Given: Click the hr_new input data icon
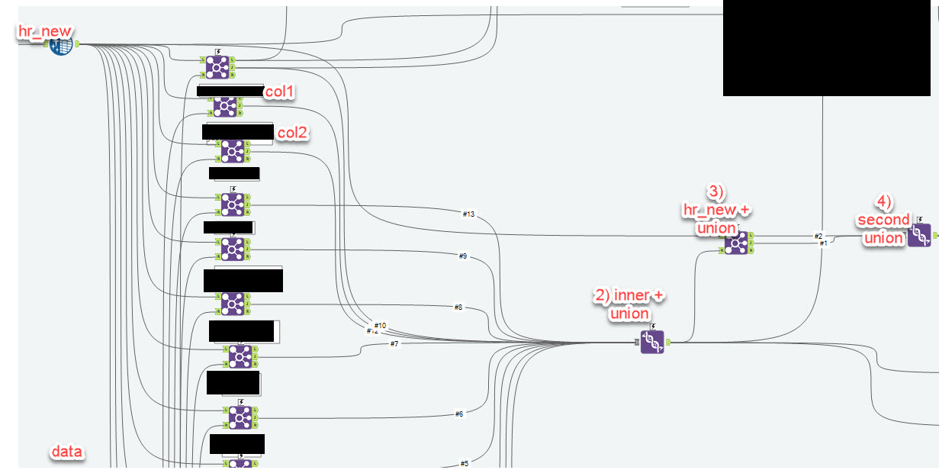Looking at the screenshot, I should (61, 45).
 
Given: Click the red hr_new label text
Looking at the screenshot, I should (46, 31).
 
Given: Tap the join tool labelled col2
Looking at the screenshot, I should (232, 151).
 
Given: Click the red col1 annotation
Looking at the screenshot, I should (280, 92).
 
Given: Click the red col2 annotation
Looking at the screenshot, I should (292, 133).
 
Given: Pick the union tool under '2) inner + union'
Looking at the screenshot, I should (651, 343).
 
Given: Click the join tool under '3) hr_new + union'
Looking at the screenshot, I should (736, 243).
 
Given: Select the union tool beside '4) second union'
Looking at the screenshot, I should (918, 236).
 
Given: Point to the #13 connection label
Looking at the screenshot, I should (468, 214).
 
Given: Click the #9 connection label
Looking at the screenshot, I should (462, 256).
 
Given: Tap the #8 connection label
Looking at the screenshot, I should (458, 307).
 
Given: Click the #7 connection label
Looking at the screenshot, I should (394, 344).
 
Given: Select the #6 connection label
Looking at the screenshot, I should (458, 414).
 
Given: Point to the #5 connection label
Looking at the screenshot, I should (464, 463).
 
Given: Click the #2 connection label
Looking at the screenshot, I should (818, 236).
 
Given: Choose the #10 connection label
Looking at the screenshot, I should (381, 326).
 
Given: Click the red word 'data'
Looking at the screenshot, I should (66, 452).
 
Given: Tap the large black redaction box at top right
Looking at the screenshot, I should (831, 47).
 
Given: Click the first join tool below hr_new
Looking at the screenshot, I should (217, 67).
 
